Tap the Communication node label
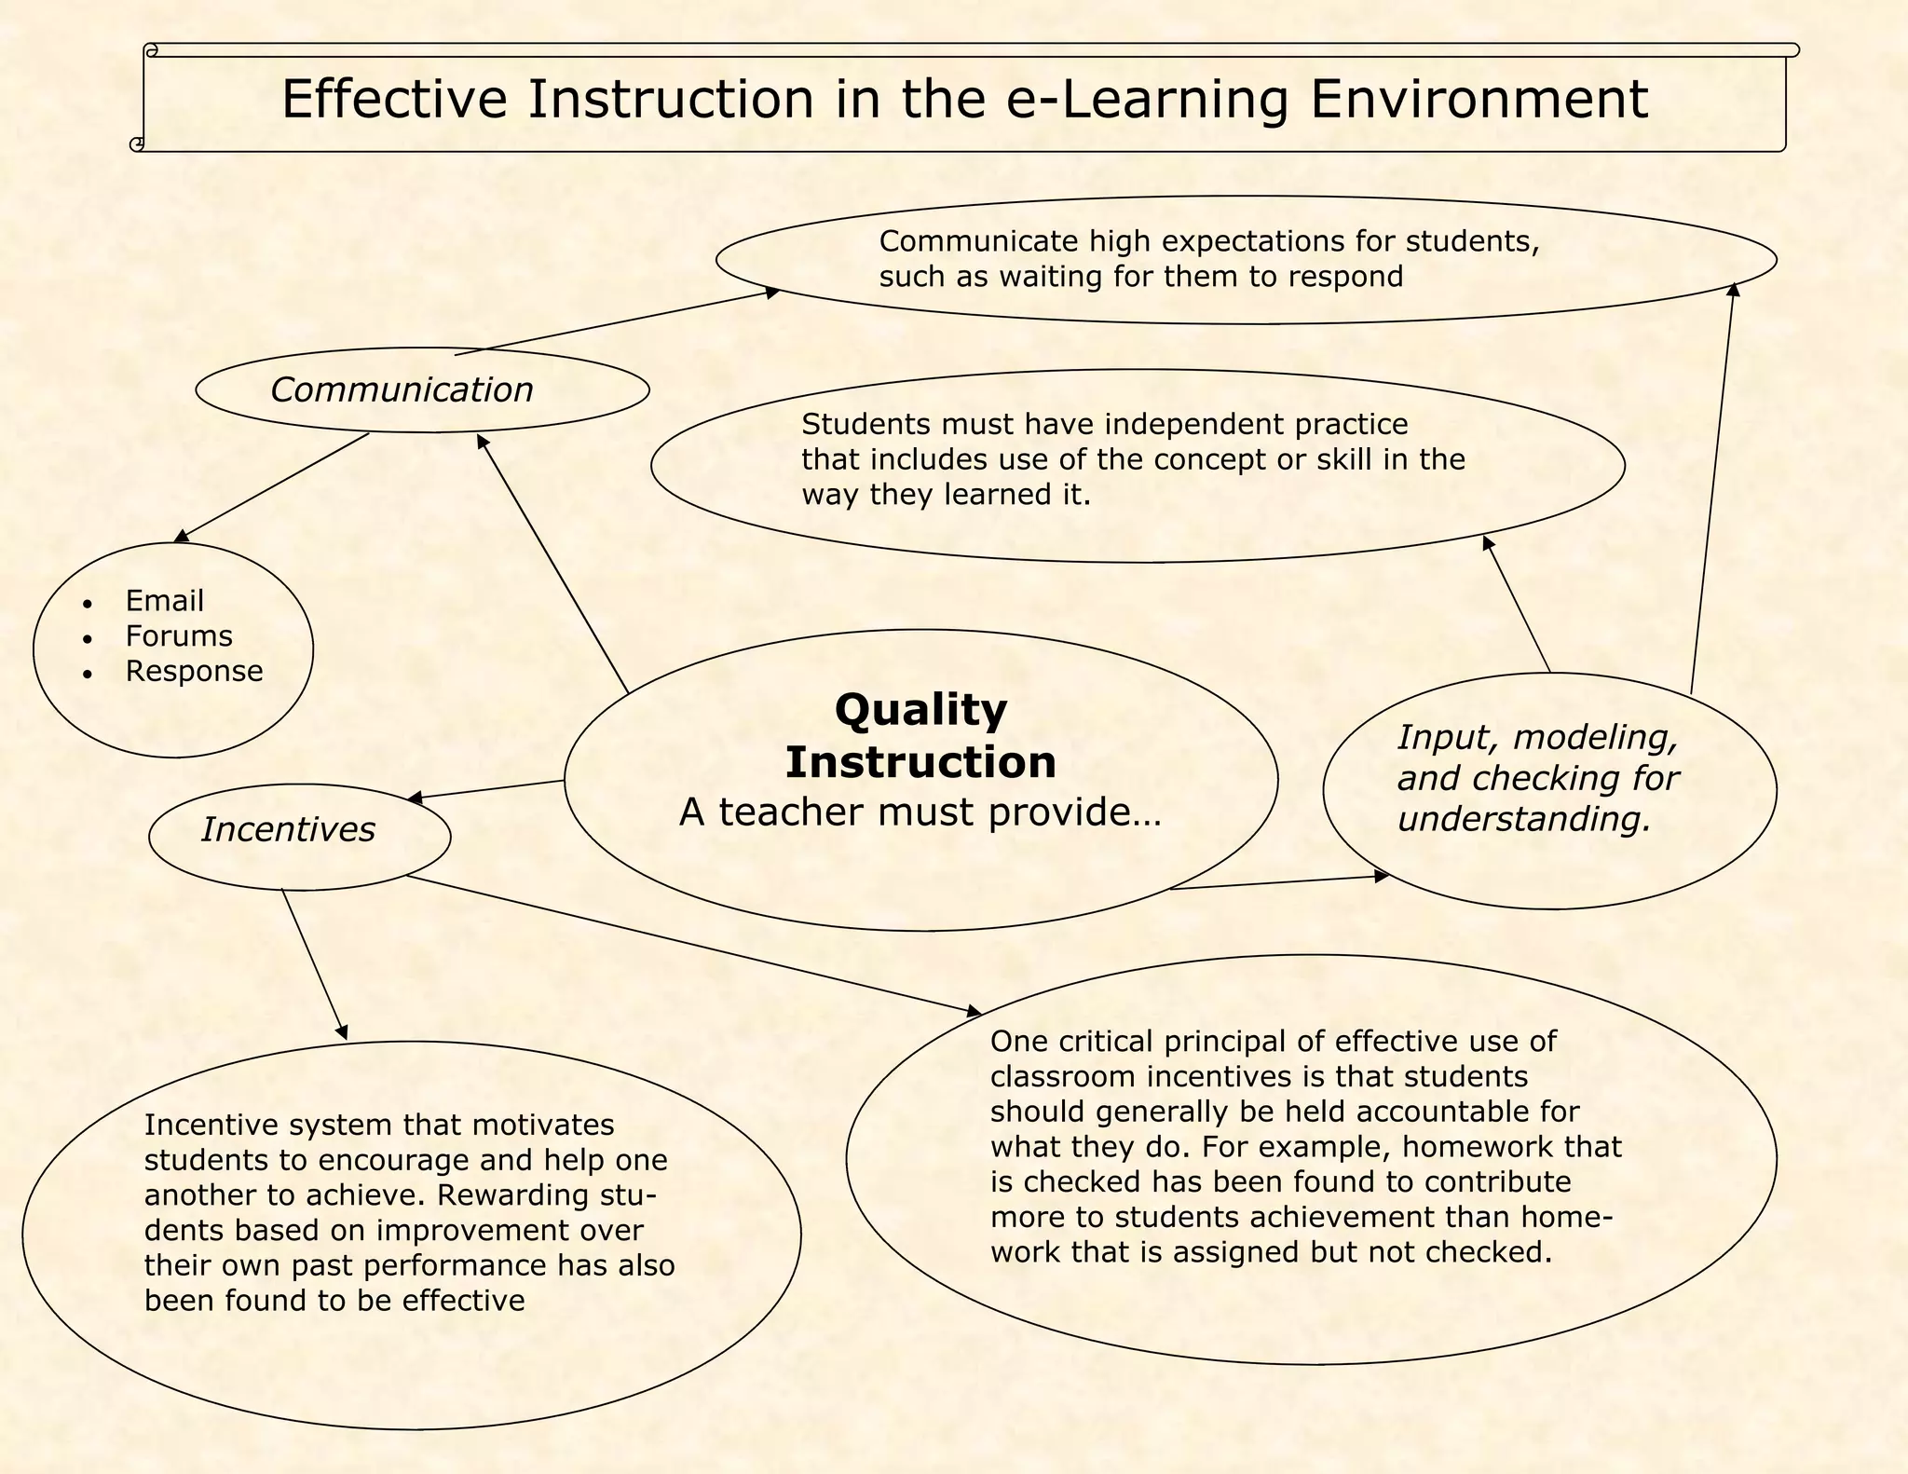(402, 389)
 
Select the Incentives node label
(288, 829)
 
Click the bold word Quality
(920, 709)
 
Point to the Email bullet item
(164, 601)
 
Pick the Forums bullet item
(179, 636)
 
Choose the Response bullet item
(194, 671)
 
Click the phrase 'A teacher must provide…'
(920, 812)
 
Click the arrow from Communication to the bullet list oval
(272, 487)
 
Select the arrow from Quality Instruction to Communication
(552, 564)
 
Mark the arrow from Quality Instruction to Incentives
(486, 789)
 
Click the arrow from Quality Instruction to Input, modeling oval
(1278, 882)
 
